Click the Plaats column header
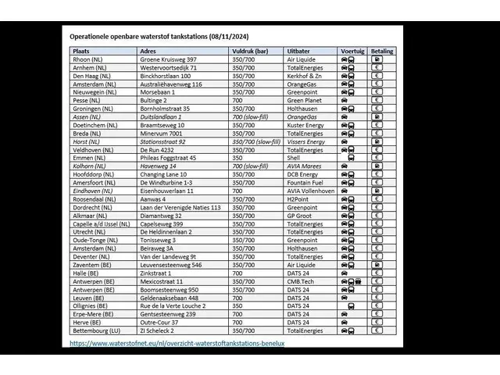click(83, 51)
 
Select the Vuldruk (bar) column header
click(252, 51)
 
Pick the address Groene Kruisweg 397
click(168, 59)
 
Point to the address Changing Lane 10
click(163, 174)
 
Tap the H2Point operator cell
click(300, 199)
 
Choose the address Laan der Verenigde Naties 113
click(180, 207)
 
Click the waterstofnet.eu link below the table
click(177, 343)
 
